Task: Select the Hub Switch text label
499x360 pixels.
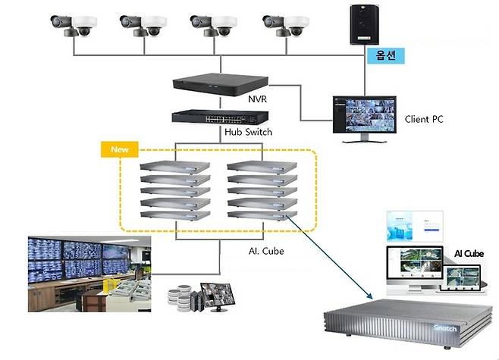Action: pyautogui.click(x=248, y=132)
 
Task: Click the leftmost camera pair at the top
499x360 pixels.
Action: pyautogui.click(x=74, y=25)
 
